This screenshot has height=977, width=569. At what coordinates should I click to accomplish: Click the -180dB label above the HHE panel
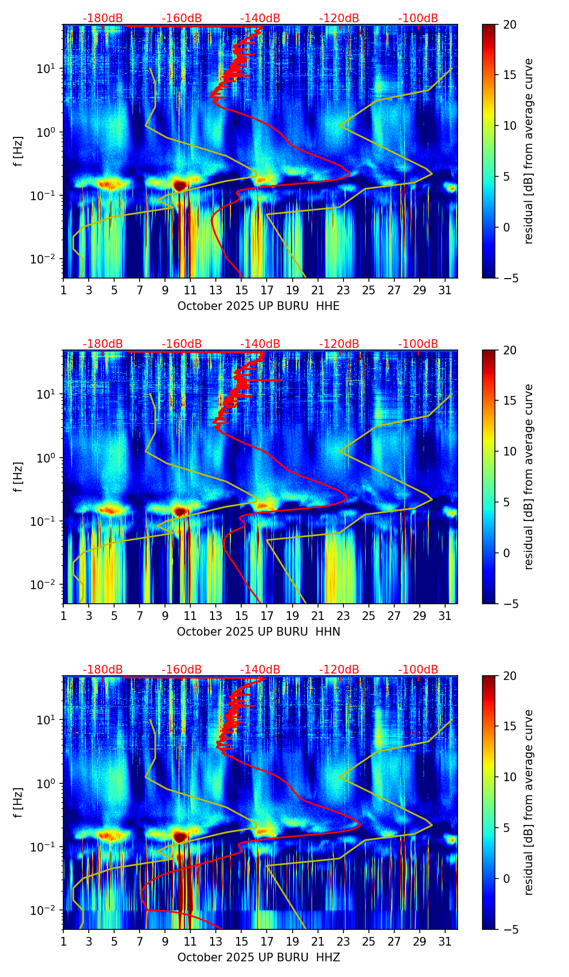pos(103,19)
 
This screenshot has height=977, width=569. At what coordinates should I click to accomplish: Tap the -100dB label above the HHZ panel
pos(418,670)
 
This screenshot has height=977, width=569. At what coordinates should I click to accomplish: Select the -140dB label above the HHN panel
pos(260,345)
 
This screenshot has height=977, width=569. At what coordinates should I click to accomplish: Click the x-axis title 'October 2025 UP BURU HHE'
pos(259,306)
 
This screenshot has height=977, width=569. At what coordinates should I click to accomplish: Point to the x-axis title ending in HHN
pos(259,632)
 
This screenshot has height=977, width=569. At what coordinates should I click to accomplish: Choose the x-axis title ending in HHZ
pos(259,958)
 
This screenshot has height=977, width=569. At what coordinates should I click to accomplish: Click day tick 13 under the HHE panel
pos(216,290)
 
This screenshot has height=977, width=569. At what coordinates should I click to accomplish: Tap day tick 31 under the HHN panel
pos(445,616)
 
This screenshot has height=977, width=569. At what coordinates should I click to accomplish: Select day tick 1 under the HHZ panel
pos(63,941)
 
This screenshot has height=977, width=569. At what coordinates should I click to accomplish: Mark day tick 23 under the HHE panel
pos(343,290)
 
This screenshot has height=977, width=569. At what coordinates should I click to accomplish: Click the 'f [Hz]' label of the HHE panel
pos(18,151)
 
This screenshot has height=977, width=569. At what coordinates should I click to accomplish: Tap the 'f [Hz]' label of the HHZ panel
pos(18,803)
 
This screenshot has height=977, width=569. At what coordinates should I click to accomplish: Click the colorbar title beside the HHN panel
pos(529,477)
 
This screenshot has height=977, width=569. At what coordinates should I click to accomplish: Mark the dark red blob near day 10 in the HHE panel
pos(180,185)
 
